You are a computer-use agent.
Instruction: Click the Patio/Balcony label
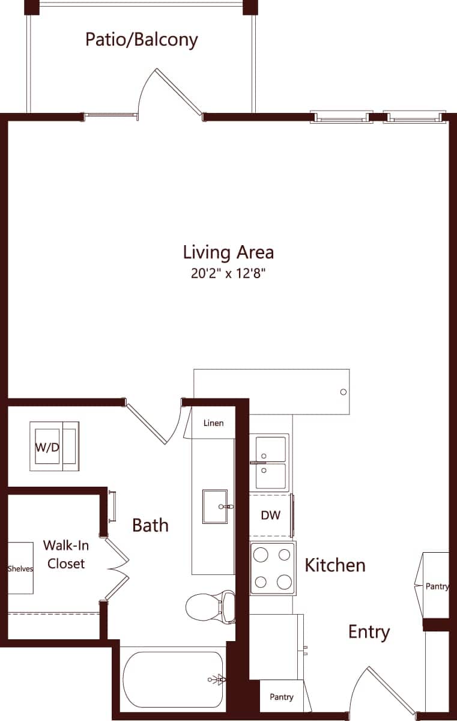click(x=142, y=40)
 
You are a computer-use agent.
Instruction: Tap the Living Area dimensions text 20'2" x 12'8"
click(x=228, y=275)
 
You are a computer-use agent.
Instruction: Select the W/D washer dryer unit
click(x=54, y=446)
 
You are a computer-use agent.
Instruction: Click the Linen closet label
click(x=213, y=423)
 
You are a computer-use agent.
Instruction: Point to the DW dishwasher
click(x=271, y=516)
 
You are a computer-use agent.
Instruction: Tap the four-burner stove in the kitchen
click(x=273, y=568)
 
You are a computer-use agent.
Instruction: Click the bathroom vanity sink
click(x=215, y=507)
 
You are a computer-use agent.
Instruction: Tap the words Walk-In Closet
click(x=66, y=555)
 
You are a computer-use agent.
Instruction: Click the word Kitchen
click(x=335, y=565)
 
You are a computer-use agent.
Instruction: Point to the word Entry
click(x=369, y=631)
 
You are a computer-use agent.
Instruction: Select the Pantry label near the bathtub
click(x=282, y=697)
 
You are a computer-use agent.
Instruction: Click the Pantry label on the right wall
click(x=437, y=586)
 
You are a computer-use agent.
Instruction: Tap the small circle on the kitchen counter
click(x=344, y=392)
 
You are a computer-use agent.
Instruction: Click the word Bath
click(x=150, y=525)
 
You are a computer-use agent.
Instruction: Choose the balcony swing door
click(x=178, y=91)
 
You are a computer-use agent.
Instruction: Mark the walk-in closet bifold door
click(x=118, y=568)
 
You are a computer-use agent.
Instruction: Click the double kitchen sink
click(x=270, y=461)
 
